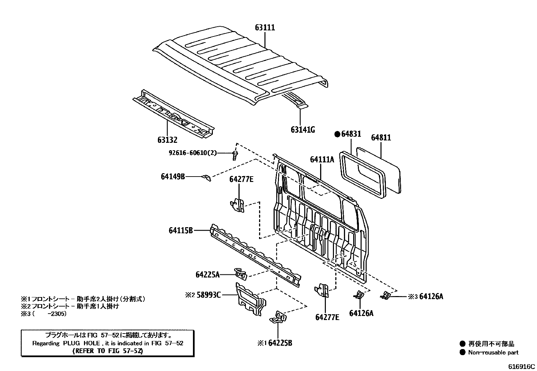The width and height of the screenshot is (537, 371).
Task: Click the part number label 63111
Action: coord(265,28)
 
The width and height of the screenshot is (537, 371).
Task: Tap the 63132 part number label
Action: coord(167,140)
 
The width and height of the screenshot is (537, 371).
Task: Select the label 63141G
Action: coord(303,130)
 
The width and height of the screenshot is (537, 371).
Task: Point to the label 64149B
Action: coord(173,176)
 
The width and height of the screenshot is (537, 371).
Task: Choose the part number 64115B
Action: coord(181,231)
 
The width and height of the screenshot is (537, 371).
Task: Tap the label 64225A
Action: coord(207,274)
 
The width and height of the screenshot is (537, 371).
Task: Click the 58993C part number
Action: coord(208,295)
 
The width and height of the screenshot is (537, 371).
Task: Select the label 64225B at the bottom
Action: coord(280,343)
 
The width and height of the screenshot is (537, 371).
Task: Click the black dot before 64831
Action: coord(337,134)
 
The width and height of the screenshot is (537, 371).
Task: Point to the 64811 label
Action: coord(381,137)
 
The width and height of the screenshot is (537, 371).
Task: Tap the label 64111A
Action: coord(322,159)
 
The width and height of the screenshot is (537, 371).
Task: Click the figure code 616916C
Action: coord(522,366)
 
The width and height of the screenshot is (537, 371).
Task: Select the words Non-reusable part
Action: coord(493,352)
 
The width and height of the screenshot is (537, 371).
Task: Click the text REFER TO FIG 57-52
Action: coord(108,351)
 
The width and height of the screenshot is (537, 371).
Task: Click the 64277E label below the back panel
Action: coord(327,317)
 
